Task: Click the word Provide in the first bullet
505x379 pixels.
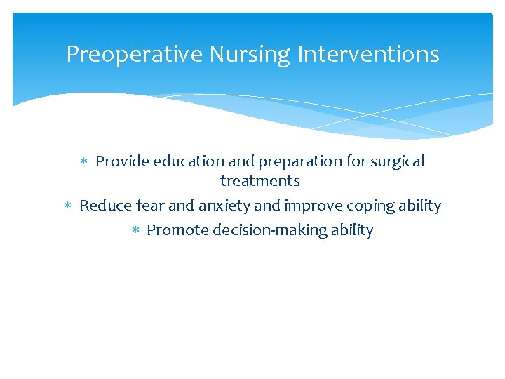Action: [x=122, y=161]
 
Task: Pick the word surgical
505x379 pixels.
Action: [x=398, y=162]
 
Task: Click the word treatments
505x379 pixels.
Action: [x=260, y=181]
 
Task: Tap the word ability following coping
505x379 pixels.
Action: [x=419, y=206]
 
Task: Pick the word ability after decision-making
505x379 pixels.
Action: [x=351, y=230]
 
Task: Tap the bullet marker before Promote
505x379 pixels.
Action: [x=136, y=231]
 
